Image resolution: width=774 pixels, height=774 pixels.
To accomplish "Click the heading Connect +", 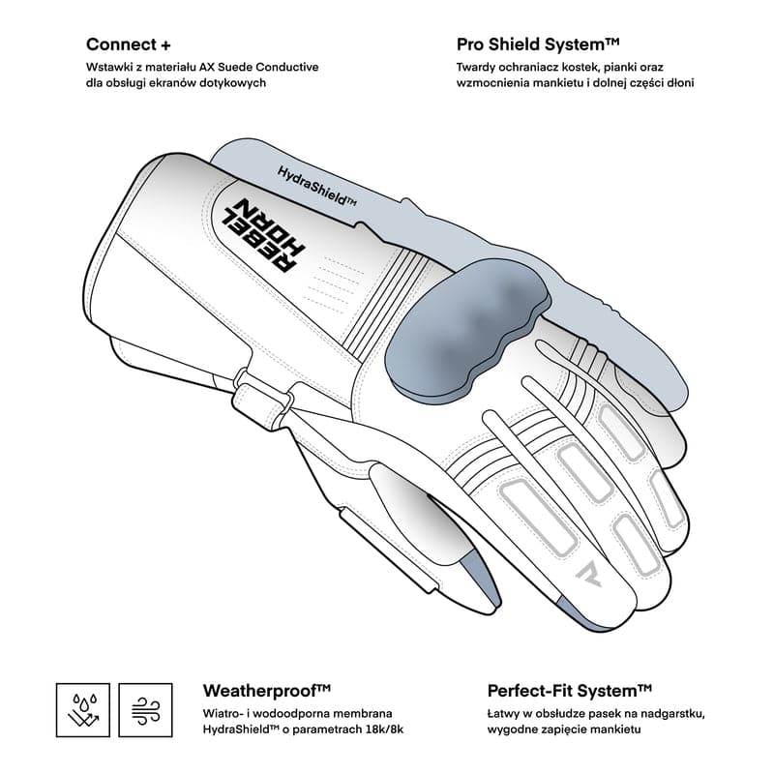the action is pos(129,45).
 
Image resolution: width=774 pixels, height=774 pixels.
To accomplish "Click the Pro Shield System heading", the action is pos(538,45).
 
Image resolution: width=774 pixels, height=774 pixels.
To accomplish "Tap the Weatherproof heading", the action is pos(267,690).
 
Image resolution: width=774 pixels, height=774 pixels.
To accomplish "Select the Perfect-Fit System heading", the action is pos(570,690).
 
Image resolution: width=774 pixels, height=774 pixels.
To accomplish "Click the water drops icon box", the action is pos(83,710).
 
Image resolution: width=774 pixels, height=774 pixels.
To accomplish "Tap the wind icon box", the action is pos(146,710).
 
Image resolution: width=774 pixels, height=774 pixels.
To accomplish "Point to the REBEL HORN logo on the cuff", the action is pos(263,235).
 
